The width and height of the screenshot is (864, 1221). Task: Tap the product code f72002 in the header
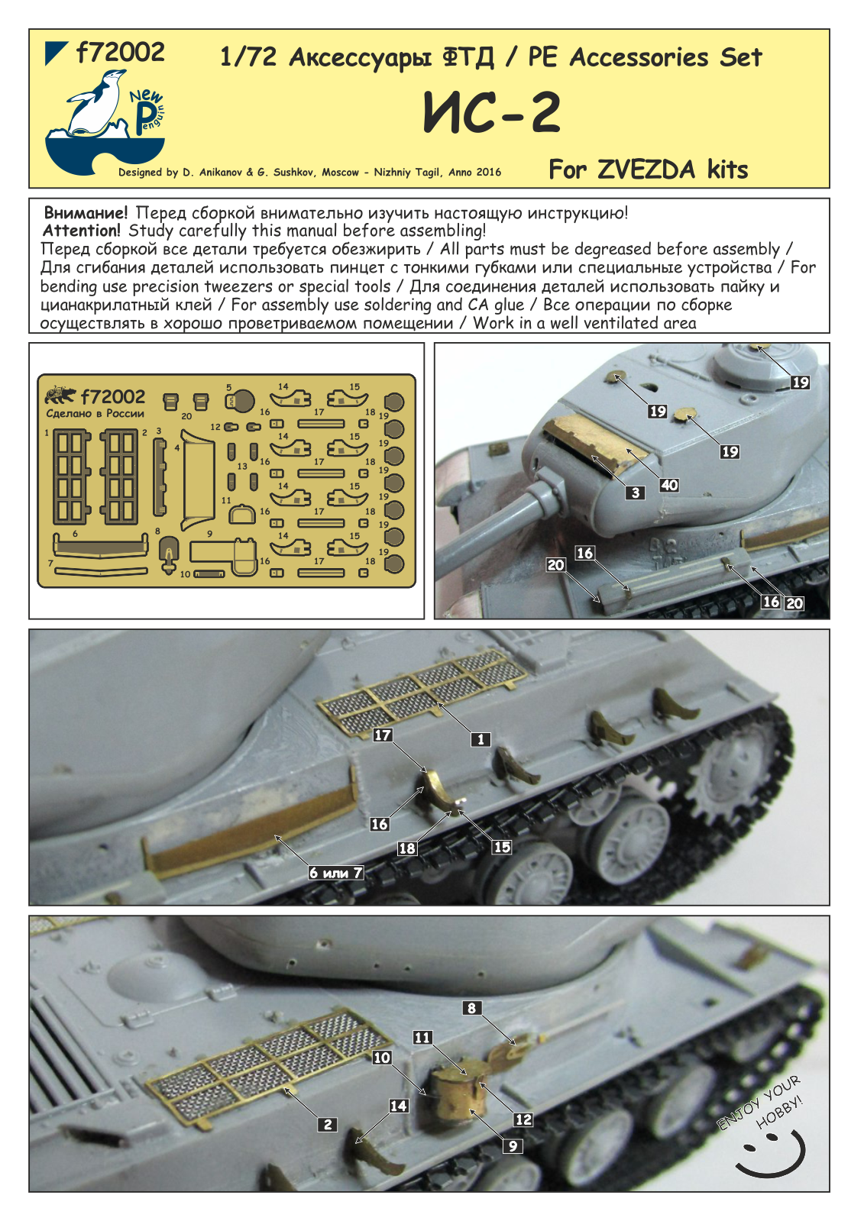click(x=120, y=53)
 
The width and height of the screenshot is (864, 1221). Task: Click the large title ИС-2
click(x=492, y=113)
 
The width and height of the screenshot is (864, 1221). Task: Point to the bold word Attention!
click(x=82, y=231)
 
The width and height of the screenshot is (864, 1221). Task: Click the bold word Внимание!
click(x=86, y=213)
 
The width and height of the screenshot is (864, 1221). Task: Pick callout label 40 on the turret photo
click(x=669, y=486)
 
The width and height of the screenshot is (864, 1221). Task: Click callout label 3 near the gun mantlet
click(x=636, y=493)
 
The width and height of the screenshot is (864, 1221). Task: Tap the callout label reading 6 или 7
click(x=335, y=873)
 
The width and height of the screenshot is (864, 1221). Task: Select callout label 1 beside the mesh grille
click(x=481, y=739)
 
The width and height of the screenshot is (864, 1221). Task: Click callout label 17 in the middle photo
click(x=383, y=735)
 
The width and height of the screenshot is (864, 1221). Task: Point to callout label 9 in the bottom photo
click(x=513, y=1146)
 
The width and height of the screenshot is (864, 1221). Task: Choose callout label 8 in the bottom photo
click(x=471, y=1008)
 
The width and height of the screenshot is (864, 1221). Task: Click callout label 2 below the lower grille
click(x=328, y=1124)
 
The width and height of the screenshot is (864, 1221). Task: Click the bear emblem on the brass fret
click(x=60, y=396)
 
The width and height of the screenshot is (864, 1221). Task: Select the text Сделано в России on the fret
click(x=95, y=414)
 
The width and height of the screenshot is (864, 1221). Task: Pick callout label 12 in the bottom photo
click(x=523, y=1119)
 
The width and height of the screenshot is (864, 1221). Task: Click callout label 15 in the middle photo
click(x=502, y=847)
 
